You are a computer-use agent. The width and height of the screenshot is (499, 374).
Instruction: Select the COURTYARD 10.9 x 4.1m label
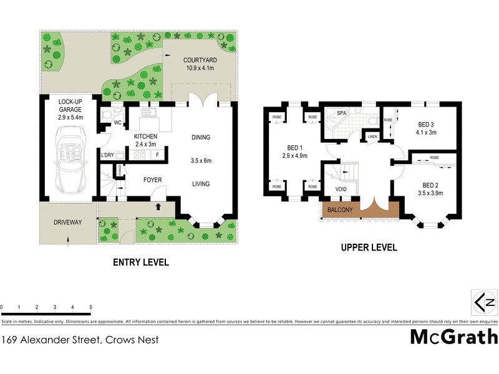[199, 64]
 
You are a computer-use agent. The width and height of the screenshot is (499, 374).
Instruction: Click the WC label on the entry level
[117, 123]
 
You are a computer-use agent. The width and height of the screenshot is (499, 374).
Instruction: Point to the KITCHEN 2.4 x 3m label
[145, 140]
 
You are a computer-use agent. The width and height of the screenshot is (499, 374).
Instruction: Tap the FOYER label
[153, 180]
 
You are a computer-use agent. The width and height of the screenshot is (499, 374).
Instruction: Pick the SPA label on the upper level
[341, 113]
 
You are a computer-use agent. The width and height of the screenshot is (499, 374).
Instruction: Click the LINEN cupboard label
[372, 137]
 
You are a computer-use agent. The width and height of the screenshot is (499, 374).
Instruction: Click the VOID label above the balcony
[341, 189]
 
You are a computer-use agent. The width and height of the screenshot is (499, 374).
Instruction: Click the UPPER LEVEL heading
[368, 247]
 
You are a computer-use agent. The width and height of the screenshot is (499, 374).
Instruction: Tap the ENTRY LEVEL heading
[140, 262]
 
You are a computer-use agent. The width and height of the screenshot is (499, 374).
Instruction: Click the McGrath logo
[453, 337]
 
